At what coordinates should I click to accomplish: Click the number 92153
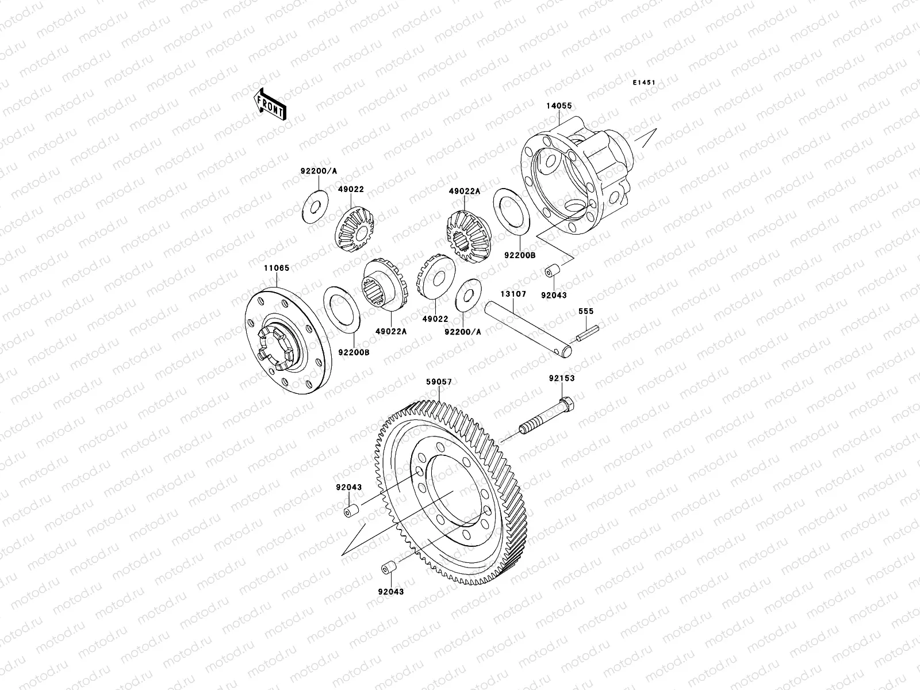click(x=561, y=378)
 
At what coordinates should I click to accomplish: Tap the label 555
click(x=586, y=311)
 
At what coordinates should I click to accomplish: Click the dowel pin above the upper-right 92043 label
click(x=553, y=269)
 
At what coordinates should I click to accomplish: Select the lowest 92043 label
click(x=391, y=591)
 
